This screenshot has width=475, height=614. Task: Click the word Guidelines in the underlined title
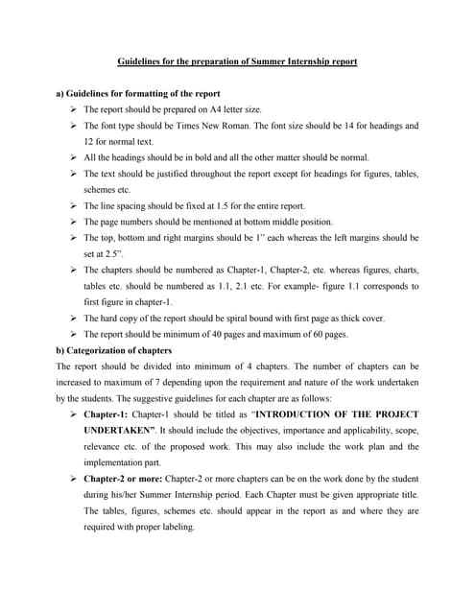tap(138, 61)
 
